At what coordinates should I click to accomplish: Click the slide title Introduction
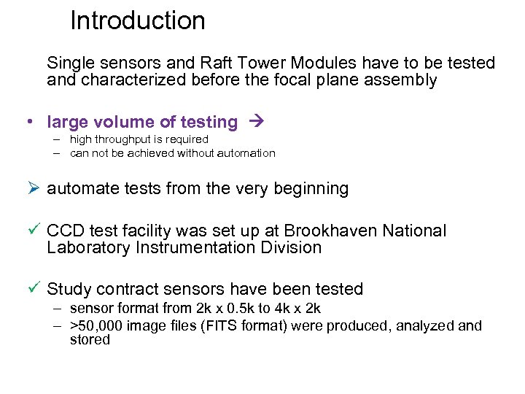(137, 20)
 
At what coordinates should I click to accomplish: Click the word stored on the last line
(90, 340)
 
